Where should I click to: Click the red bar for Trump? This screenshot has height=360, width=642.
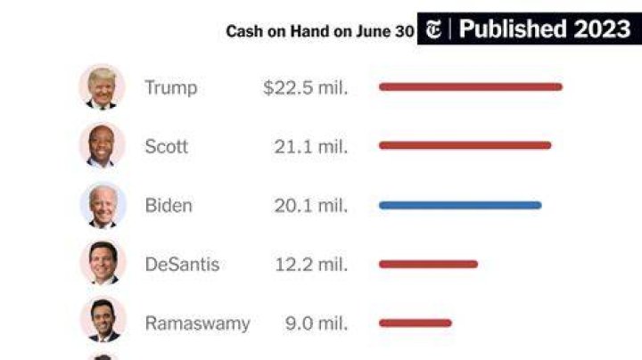click(471, 86)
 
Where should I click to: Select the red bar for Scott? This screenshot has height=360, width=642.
click(465, 145)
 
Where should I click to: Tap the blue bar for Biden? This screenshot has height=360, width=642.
click(460, 205)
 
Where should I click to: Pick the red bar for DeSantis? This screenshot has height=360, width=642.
click(428, 265)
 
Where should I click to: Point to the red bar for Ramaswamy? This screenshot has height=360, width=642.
click(416, 323)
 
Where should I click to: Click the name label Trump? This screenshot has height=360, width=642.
click(171, 87)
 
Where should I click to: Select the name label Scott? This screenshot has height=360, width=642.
click(166, 146)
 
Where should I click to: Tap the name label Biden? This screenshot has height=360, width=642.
click(169, 205)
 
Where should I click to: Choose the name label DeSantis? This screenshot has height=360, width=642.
click(182, 265)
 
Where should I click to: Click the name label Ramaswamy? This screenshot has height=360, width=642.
click(198, 324)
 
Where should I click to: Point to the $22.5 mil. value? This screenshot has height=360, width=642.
click(306, 87)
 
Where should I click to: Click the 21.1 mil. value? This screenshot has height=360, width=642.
click(311, 146)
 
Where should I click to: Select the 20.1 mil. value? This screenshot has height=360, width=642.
click(311, 205)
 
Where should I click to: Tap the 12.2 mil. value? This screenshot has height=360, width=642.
click(311, 265)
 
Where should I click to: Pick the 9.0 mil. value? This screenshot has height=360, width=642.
click(317, 323)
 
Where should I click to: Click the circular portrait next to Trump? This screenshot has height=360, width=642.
click(102, 87)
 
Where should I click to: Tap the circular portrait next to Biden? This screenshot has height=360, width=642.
click(103, 205)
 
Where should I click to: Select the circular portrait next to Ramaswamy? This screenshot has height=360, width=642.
click(103, 320)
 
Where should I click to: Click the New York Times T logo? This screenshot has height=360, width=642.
click(433, 29)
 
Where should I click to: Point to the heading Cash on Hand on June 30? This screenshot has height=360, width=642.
click(320, 31)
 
